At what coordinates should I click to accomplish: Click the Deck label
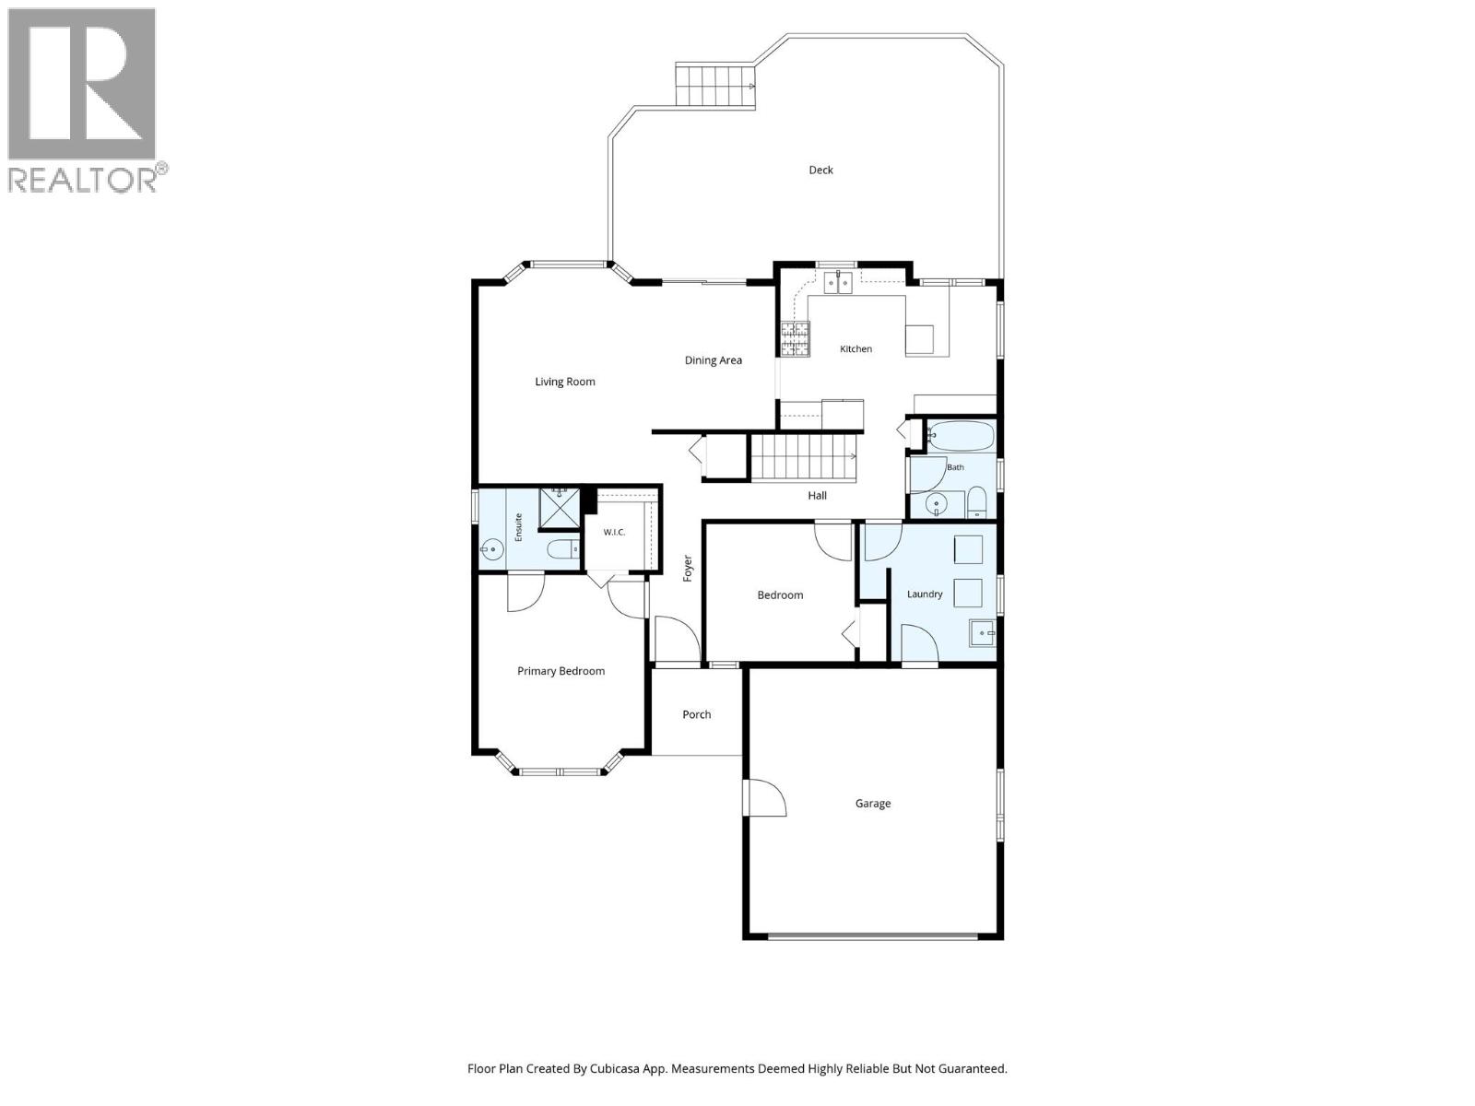pos(820,171)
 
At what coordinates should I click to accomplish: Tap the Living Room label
pos(564,382)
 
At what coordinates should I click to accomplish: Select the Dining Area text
pos(713,360)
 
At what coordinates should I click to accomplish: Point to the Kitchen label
pos(855,349)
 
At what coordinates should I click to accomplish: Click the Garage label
pos(873,804)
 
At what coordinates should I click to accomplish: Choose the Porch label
pos(696,714)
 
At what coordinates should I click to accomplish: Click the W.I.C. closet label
pos(614,533)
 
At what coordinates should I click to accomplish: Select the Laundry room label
pos(925,594)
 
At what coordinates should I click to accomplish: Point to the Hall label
pos(817,496)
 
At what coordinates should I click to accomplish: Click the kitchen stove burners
pos(795,338)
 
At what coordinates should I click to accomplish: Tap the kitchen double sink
pos(838,283)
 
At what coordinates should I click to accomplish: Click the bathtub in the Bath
pos(961,436)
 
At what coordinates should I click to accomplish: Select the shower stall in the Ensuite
pos(559,509)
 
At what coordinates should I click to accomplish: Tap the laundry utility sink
pos(982,633)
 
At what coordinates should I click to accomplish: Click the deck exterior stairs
pos(715,86)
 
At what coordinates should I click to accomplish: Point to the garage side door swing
pos(765,798)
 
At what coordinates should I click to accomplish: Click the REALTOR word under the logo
pos(83,180)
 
